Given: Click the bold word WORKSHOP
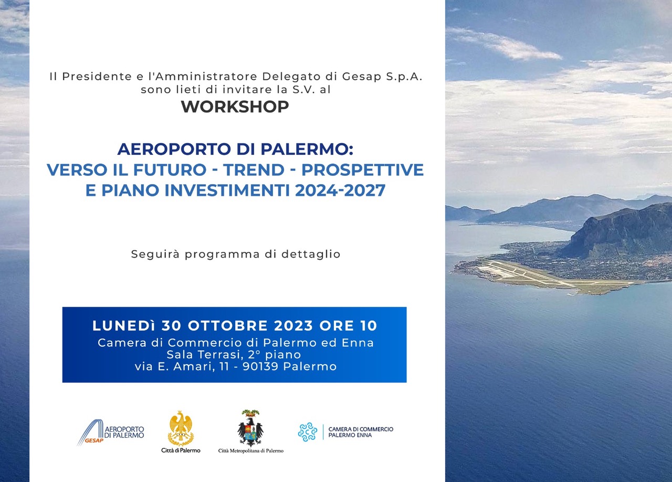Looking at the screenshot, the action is (x=235, y=106).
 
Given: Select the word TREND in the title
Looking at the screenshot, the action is (x=254, y=169).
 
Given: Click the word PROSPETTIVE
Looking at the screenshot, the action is (x=362, y=169).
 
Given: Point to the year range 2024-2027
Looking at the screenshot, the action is (x=340, y=190).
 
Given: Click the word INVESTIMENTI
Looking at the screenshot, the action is (x=227, y=190).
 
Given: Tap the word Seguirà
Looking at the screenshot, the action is (x=155, y=254).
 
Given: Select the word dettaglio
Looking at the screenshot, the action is (x=311, y=254).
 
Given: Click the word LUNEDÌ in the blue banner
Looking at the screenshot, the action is (x=124, y=326).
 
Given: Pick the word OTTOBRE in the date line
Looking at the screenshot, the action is (x=228, y=326).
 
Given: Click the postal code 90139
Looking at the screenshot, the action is (x=260, y=366).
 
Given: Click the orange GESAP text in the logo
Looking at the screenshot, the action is (x=94, y=441).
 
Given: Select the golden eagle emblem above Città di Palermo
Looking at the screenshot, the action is (x=181, y=428).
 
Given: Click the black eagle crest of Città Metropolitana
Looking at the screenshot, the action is (x=250, y=428).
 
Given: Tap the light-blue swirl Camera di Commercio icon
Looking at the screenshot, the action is (x=308, y=432).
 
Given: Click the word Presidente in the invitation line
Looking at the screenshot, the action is (x=97, y=77).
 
